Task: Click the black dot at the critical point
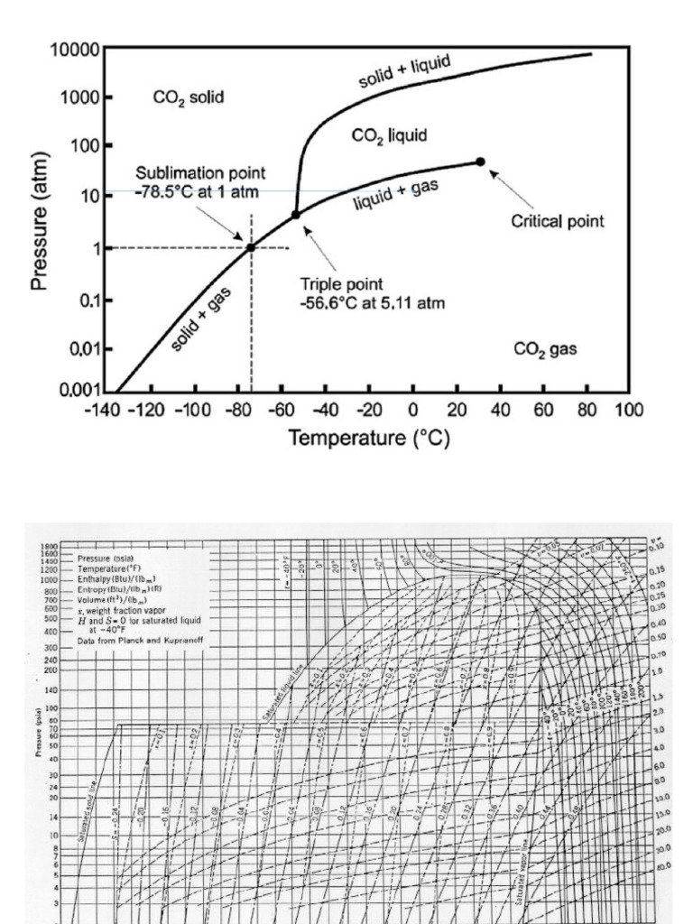480,162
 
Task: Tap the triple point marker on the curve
296,215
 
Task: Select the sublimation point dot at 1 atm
251,247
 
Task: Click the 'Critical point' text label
558,221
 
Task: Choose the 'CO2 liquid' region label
389,135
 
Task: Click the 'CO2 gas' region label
545,349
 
